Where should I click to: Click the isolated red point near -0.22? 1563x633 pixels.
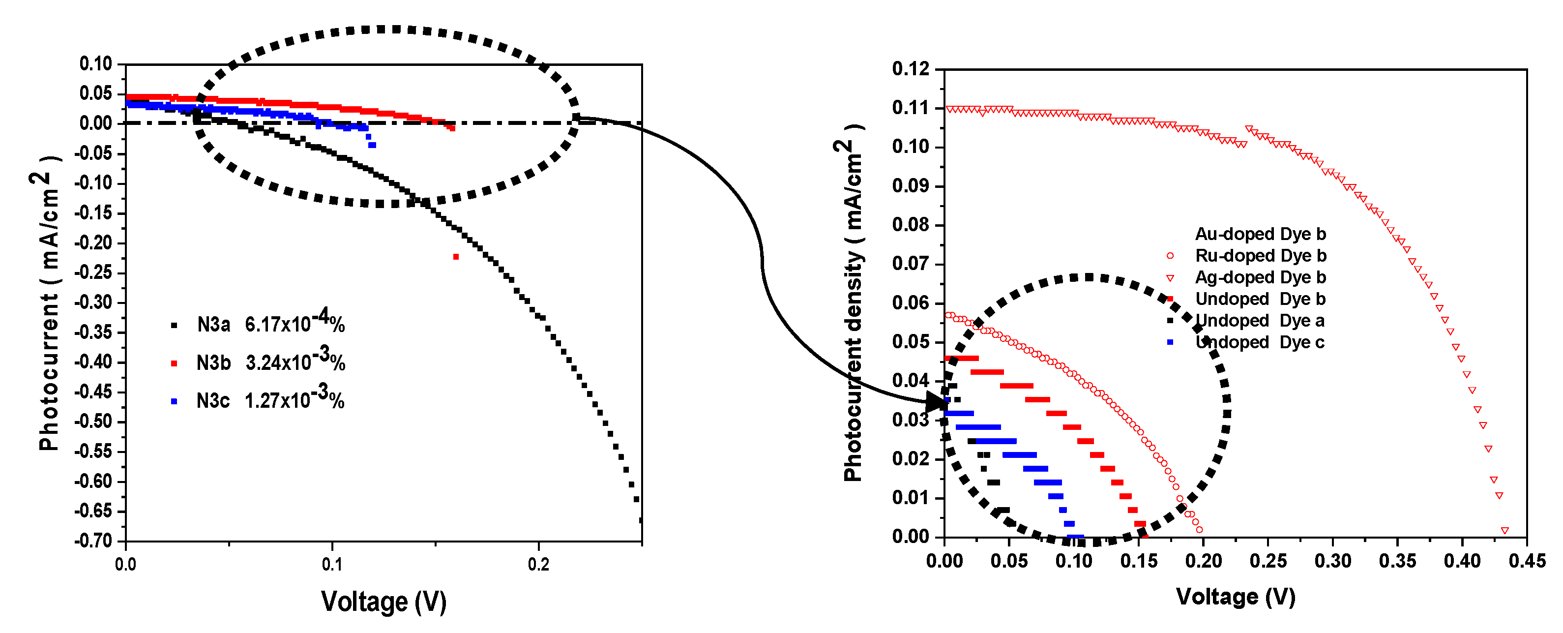(456, 257)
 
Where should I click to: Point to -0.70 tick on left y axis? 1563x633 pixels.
(94, 540)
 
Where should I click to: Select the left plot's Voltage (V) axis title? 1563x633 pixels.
(383, 602)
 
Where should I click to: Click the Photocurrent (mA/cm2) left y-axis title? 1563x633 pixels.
(49, 309)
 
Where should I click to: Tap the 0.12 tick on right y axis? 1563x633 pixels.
(910, 68)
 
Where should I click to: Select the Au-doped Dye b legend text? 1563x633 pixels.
(1260, 234)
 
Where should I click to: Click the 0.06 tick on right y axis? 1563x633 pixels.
(910, 303)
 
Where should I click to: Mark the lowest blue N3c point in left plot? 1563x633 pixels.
(372, 145)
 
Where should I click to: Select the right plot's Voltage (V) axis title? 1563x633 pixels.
(1236, 597)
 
